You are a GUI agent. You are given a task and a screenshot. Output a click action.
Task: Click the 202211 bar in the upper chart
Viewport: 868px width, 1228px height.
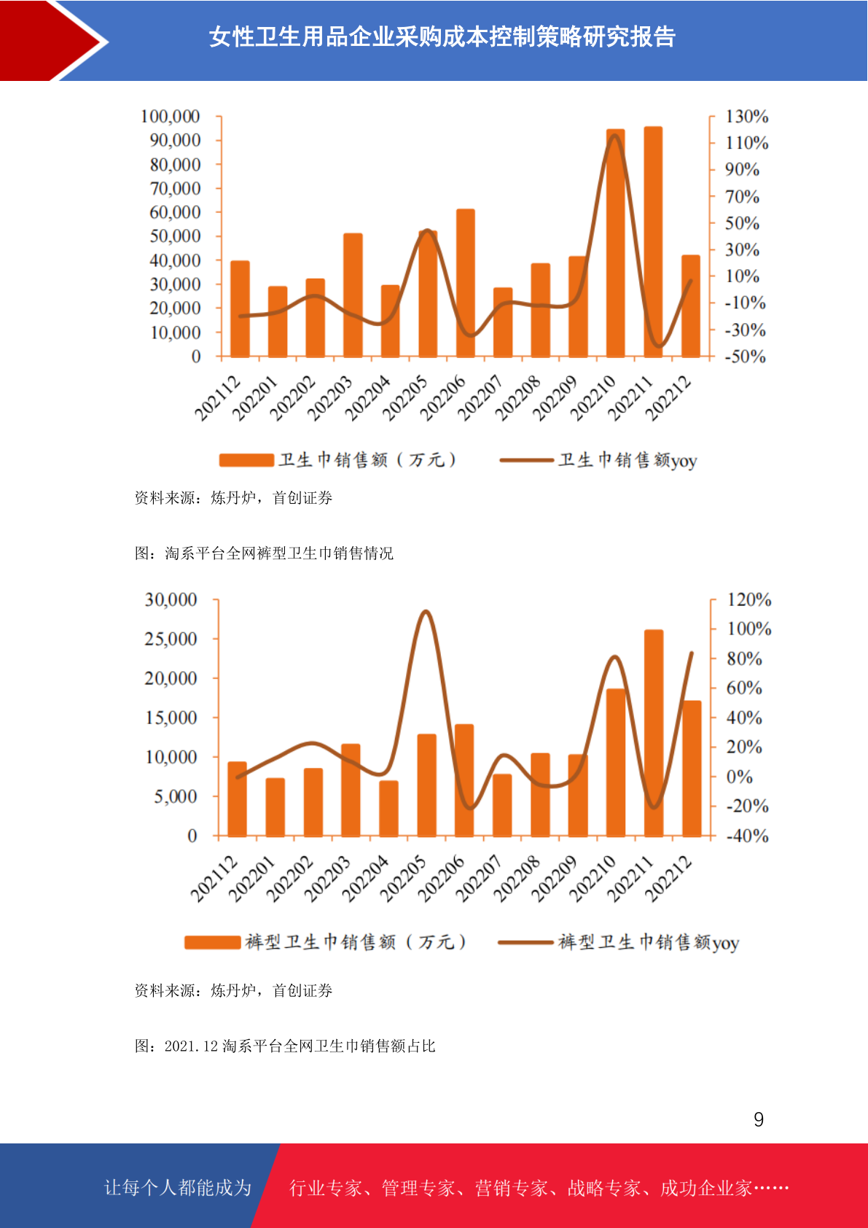tap(653, 242)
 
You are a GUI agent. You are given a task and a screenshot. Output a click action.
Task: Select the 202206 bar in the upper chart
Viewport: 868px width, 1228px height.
tap(465, 283)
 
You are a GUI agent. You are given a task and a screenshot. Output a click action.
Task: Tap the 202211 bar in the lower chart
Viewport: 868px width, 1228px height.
tap(654, 734)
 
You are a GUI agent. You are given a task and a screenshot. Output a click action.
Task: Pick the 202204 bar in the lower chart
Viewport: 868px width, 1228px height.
tap(389, 809)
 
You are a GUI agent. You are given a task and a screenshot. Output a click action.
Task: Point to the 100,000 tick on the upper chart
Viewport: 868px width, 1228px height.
tap(171, 116)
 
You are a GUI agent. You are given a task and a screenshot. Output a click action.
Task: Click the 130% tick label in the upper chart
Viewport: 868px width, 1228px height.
tap(747, 116)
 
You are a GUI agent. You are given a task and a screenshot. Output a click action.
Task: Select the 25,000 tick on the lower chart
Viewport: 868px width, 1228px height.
tap(171, 639)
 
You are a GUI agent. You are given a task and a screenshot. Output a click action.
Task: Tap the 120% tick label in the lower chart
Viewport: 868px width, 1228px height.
tap(749, 599)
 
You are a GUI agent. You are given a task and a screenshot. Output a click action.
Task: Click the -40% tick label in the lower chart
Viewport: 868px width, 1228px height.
tap(748, 836)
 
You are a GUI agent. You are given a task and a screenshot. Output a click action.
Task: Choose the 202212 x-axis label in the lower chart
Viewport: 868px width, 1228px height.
tap(668, 879)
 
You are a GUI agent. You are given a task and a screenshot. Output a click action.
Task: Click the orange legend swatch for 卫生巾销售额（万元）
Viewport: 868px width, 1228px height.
tap(246, 460)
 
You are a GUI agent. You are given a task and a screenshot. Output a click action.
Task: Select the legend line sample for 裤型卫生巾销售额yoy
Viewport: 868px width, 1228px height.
tap(525, 943)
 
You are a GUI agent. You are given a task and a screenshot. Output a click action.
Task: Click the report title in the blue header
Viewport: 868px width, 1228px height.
tap(442, 36)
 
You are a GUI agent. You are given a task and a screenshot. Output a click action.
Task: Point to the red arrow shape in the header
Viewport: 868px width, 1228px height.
tap(50, 41)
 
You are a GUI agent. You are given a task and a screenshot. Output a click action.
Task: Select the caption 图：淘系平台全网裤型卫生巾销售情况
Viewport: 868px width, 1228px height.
tap(264, 553)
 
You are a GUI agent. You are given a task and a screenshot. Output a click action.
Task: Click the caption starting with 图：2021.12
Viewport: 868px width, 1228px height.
tap(285, 1046)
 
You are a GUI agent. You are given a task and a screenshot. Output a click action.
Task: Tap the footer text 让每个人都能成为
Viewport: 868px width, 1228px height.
tap(178, 1187)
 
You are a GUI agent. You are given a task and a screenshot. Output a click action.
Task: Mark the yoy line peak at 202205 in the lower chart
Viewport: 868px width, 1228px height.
tap(426, 610)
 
